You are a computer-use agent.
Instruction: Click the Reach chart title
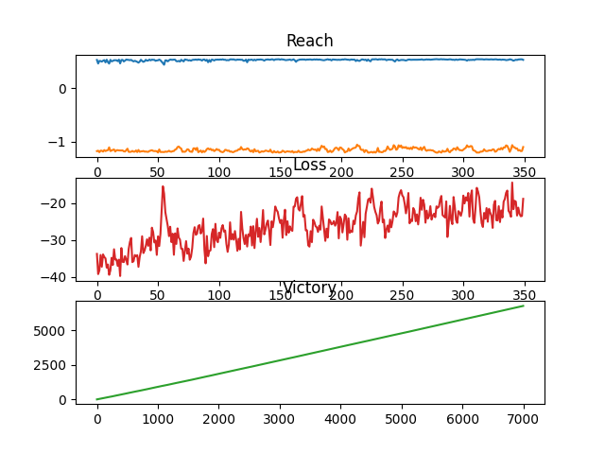click(x=309, y=41)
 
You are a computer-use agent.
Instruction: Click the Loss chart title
click(x=309, y=166)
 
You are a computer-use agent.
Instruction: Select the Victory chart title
click(x=309, y=288)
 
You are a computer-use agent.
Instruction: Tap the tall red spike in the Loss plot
click(x=163, y=187)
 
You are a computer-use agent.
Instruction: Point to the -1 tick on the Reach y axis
click(x=60, y=142)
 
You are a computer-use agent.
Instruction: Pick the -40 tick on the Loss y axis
click(x=57, y=277)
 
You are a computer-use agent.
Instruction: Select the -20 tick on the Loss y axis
click(x=57, y=203)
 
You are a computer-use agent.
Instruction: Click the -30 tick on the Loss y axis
click(x=57, y=240)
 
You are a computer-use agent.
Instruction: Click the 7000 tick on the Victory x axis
click(x=523, y=418)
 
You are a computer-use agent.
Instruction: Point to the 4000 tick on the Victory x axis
click(x=340, y=418)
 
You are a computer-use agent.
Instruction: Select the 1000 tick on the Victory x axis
click(x=158, y=418)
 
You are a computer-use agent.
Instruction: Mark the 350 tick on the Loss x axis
click(x=523, y=295)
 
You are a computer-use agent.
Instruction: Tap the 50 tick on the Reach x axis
click(x=158, y=172)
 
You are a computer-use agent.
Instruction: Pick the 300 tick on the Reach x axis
click(x=462, y=172)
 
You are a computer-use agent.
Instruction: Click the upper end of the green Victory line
click(x=523, y=306)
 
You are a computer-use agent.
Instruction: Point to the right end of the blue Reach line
click(x=523, y=60)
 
